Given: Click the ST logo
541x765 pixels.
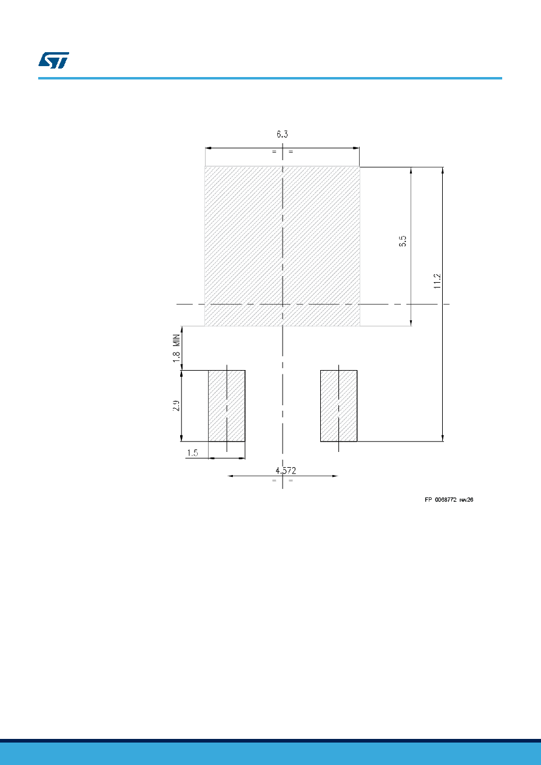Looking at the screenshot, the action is point(53,60).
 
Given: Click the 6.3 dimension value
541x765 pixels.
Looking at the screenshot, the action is point(282,134).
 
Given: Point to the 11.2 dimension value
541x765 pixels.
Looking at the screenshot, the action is point(437,281).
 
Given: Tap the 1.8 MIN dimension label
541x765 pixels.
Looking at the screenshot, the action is point(176,348).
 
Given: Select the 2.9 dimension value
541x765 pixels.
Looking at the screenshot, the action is point(176,406).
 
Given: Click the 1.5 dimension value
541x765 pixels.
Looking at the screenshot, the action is point(192,453).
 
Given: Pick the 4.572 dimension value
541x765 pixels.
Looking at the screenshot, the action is point(286,471).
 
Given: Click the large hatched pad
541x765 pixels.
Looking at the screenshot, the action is point(282,246).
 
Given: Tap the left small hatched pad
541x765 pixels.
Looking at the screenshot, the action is point(227,406).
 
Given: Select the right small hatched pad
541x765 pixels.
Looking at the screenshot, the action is point(338,406).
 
